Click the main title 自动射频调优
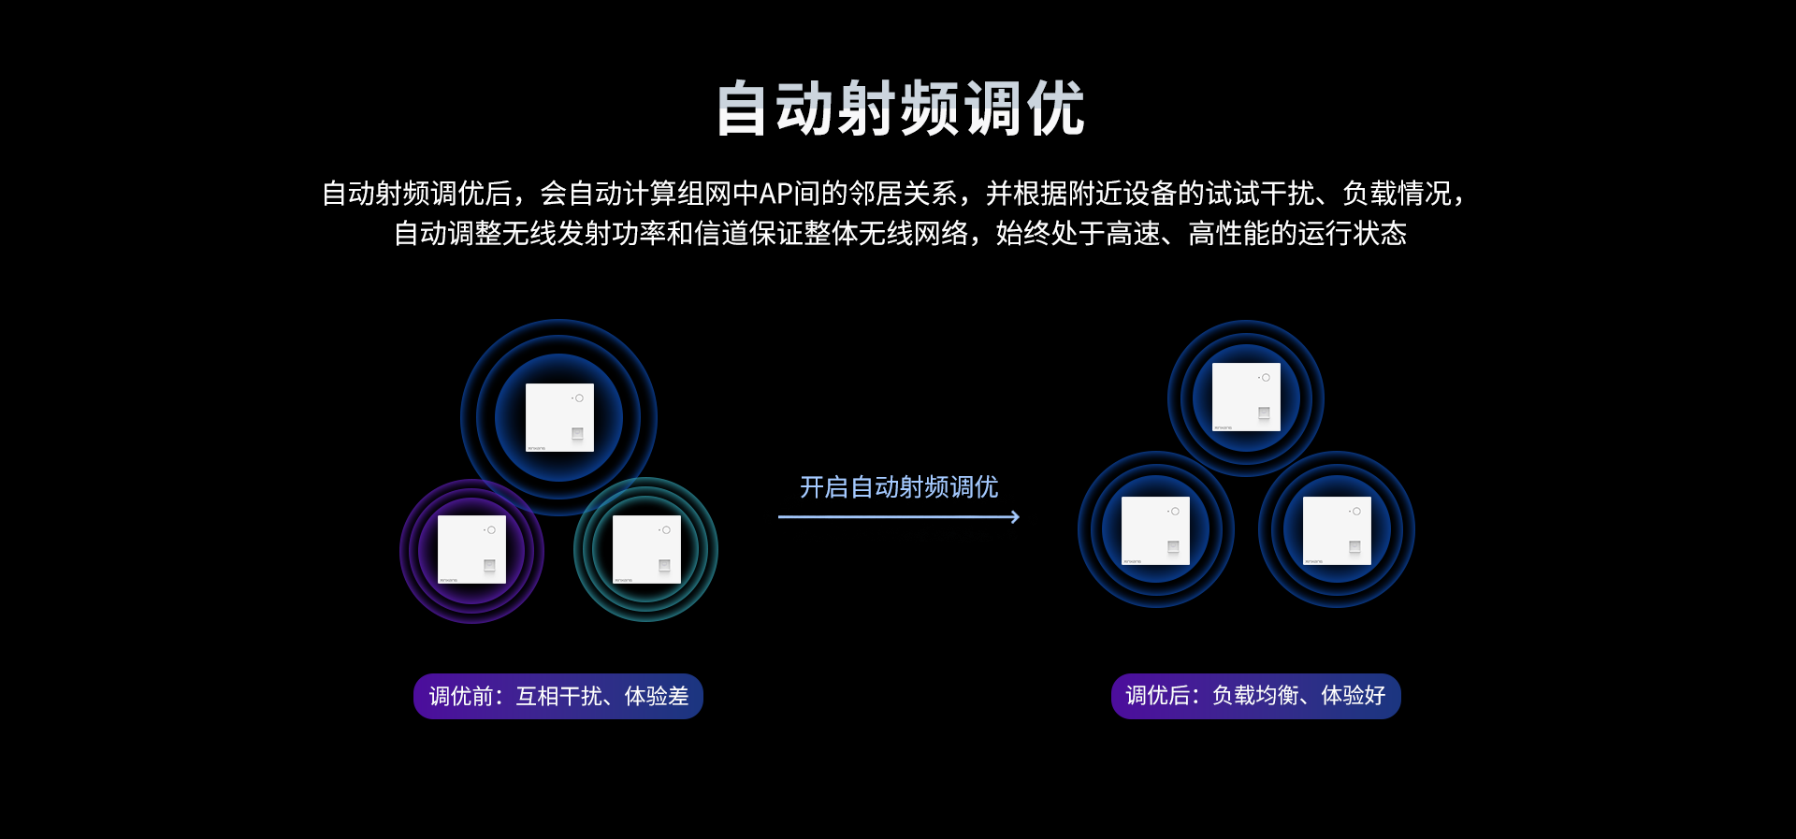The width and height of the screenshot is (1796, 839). click(900, 108)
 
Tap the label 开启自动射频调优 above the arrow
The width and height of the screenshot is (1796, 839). click(898, 487)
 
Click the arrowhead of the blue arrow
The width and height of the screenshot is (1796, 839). click(1015, 516)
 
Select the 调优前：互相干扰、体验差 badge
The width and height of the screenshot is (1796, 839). click(558, 696)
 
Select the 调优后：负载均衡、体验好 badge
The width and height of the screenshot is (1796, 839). click(1255, 696)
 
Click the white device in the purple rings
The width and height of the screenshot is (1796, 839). click(471, 549)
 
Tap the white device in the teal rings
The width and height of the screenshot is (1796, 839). click(646, 549)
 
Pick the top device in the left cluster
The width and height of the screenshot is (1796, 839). click(559, 417)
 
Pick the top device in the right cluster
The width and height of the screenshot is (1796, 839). click(1246, 398)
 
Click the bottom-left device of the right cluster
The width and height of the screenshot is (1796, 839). click(1155, 530)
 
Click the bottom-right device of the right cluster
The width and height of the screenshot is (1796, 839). click(1337, 530)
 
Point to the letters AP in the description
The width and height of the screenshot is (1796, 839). click(776, 194)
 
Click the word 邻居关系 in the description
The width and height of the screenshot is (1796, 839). click(903, 194)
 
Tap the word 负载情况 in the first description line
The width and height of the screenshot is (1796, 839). click(1397, 194)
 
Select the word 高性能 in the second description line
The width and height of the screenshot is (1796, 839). click(1228, 233)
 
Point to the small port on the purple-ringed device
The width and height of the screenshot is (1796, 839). click(489, 566)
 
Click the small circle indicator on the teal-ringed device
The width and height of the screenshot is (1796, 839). click(666, 530)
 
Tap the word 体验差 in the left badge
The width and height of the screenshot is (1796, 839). click(657, 696)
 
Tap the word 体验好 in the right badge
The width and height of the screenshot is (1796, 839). click(1354, 696)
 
